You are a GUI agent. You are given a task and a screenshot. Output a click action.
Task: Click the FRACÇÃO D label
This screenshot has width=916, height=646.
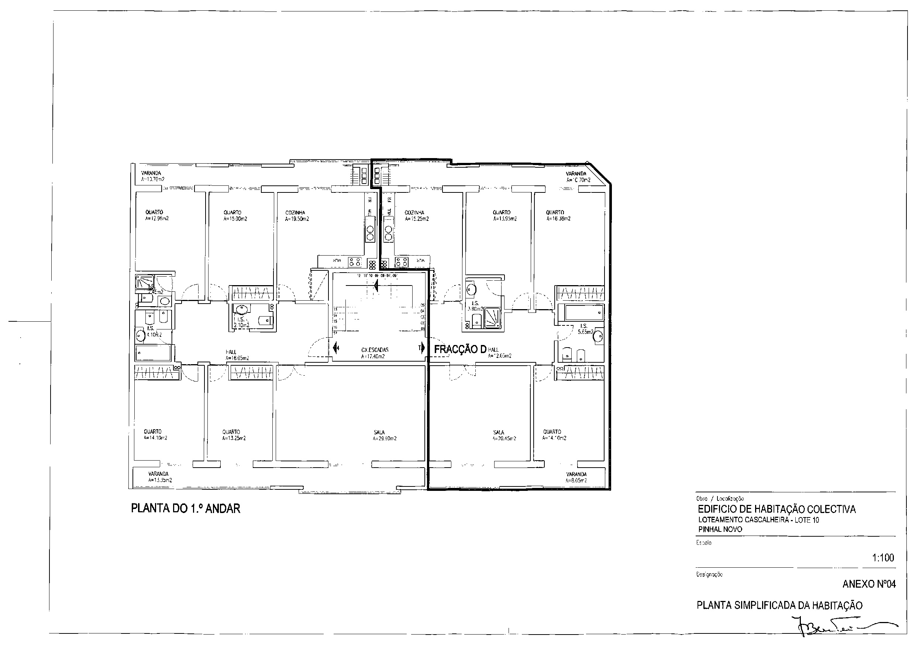tap(459, 349)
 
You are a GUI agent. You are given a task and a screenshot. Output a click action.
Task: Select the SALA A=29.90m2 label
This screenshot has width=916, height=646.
tap(384, 435)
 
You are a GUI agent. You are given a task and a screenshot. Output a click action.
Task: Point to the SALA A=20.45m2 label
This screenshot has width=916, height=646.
tap(503, 435)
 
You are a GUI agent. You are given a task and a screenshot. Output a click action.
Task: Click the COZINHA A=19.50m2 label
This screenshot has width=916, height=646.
tap(296, 216)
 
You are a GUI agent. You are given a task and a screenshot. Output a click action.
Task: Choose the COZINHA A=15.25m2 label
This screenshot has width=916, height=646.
tap(416, 216)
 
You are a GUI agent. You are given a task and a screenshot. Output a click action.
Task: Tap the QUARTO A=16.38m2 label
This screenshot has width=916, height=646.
tap(558, 215)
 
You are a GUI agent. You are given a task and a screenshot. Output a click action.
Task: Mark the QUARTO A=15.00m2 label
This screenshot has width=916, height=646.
tap(235, 216)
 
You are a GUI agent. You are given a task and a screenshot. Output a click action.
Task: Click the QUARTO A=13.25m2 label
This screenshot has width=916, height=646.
tap(233, 435)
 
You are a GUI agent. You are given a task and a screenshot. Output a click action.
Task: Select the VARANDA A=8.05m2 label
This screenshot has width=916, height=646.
tap(576, 477)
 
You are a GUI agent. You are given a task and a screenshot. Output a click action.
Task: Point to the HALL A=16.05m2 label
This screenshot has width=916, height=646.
tap(237, 355)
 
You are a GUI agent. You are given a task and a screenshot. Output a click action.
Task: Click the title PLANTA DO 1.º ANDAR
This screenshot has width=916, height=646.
tap(186, 509)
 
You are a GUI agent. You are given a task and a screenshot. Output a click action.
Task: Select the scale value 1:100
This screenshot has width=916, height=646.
tap(882, 558)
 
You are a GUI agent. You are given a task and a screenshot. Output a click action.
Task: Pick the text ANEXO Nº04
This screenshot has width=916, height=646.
tap(868, 584)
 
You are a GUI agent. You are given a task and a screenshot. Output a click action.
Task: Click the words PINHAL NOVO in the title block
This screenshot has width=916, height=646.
tap(720, 529)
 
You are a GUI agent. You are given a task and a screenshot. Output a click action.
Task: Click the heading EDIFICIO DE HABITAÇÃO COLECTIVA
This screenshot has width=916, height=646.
tap(776, 509)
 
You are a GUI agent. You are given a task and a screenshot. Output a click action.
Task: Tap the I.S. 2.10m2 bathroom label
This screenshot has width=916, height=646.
tap(241, 322)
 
